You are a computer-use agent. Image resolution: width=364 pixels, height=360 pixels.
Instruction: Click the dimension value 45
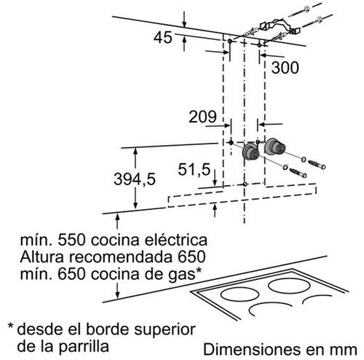coord(163,37)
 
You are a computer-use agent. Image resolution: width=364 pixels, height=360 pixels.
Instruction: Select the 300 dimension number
coord(285,67)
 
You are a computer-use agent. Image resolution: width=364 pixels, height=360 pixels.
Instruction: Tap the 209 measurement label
coord(202,117)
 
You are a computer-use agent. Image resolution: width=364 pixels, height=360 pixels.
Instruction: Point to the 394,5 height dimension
coord(135,179)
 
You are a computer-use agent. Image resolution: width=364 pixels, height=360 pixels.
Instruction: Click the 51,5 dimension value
coord(194,169)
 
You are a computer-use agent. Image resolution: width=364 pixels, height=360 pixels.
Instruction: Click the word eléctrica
coord(176,240)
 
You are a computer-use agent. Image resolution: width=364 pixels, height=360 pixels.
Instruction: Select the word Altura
coord(42,257)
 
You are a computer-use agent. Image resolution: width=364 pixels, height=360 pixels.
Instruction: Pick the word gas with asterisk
coord(186,275)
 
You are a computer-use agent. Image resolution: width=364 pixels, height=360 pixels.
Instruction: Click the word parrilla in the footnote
coord(84,346)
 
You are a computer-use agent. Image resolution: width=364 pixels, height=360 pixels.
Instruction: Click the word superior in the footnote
coord(165,330)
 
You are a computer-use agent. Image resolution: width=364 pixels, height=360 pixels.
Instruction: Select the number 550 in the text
coord(71,240)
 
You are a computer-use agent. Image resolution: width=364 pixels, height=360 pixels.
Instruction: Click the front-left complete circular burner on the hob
coord(240,295)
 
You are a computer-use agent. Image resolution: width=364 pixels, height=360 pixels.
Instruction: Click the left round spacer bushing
coord(250,152)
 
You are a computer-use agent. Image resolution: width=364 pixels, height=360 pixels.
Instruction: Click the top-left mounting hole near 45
coord(230,41)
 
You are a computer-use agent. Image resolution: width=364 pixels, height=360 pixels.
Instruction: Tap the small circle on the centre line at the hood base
coord(245,184)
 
